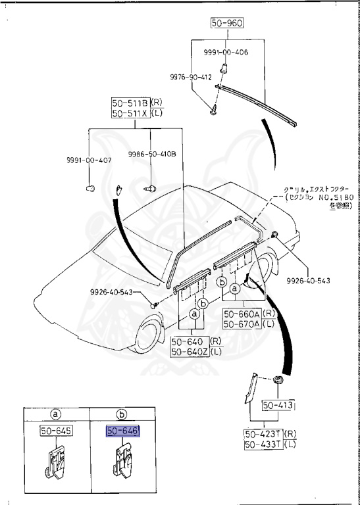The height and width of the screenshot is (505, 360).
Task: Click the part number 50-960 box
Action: click(x=227, y=23)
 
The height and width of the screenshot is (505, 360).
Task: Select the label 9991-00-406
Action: click(x=225, y=52)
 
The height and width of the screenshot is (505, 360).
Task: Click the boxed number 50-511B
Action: click(x=130, y=103)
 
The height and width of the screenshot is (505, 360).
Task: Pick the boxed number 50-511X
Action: click(x=130, y=113)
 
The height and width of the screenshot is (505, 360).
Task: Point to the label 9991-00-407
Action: click(x=88, y=160)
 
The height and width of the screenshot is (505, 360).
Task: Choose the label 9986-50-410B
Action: click(x=152, y=155)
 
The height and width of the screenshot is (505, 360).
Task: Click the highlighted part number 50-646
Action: click(x=124, y=431)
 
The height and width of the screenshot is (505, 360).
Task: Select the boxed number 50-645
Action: click(x=56, y=431)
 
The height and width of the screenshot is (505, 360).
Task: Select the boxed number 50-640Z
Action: click(x=189, y=352)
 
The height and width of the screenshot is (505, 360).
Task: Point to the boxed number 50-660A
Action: click(x=242, y=314)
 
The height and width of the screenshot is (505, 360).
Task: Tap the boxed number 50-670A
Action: click(x=242, y=324)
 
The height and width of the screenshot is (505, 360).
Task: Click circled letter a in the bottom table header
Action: click(x=56, y=414)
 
